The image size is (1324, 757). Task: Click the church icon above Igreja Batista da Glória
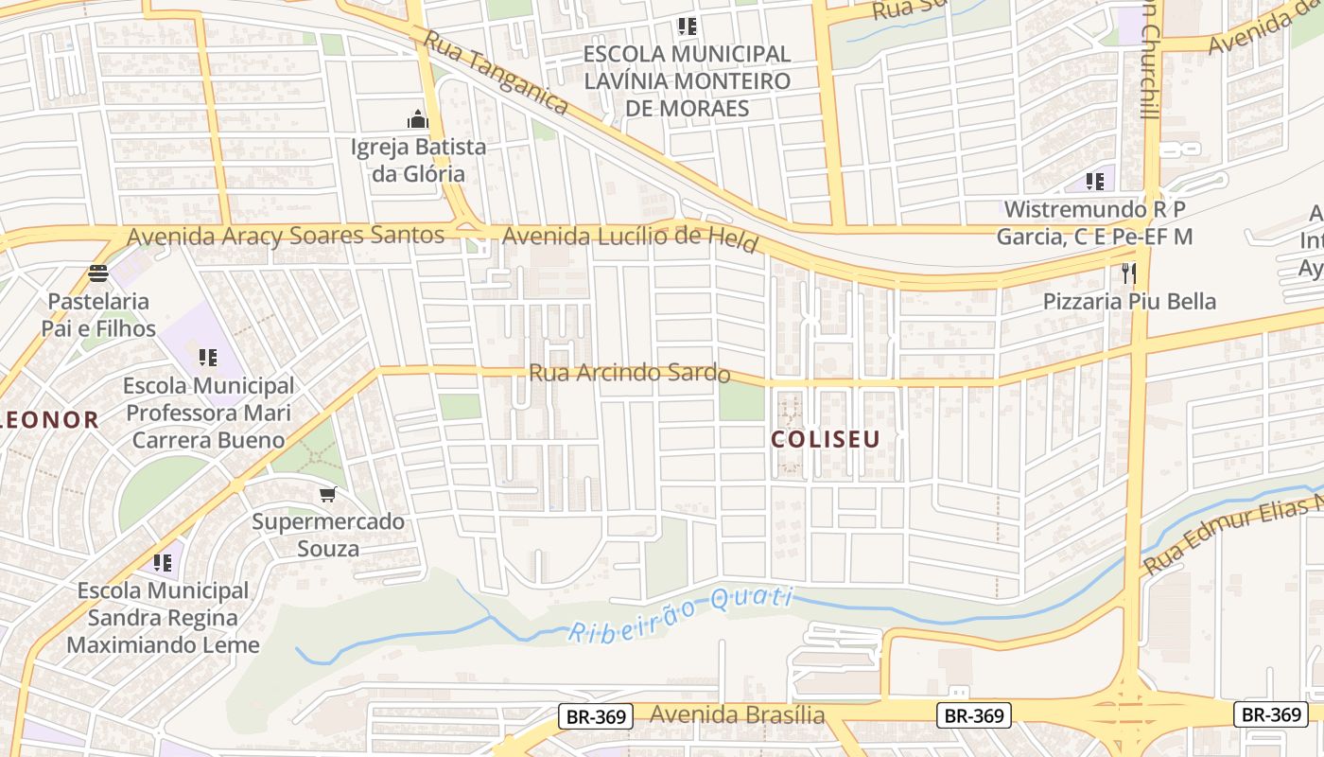tap(417, 120)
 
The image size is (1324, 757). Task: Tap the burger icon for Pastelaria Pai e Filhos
tap(98, 274)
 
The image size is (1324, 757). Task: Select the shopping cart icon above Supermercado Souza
tap(327, 494)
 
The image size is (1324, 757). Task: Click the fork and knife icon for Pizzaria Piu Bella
tap(1128, 274)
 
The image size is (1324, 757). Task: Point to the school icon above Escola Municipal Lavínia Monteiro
tap(687, 26)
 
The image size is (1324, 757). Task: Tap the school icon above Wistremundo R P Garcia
tap(1095, 181)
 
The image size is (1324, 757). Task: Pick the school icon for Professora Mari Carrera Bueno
tap(207, 358)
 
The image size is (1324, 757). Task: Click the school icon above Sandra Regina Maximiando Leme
tap(163, 563)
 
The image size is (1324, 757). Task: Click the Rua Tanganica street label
tap(496, 73)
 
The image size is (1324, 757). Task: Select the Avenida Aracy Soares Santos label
tap(286, 236)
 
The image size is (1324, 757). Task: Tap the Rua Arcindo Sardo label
tap(629, 373)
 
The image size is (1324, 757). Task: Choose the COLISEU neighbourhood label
tap(825, 439)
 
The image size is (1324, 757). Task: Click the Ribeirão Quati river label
tap(680, 613)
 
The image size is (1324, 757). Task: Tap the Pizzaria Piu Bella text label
tap(1129, 302)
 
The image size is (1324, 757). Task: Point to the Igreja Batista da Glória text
tap(418, 160)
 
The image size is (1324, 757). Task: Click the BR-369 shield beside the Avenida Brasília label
tap(597, 716)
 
